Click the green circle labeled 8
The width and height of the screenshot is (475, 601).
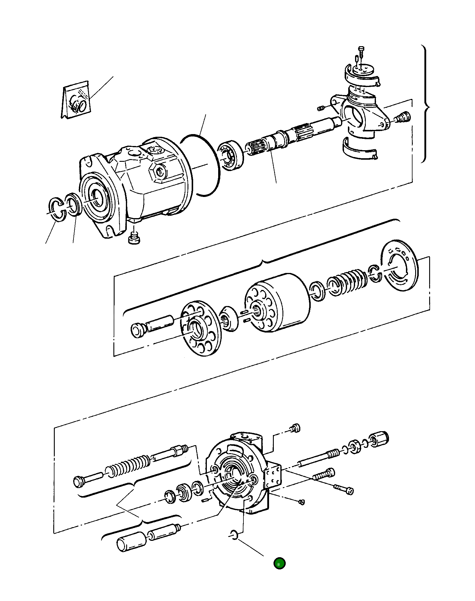pos(279,563)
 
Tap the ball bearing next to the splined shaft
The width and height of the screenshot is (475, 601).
pos(231,155)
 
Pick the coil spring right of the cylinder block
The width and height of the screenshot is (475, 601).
pos(348,282)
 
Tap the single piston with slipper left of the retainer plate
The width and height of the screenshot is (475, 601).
pos(152,326)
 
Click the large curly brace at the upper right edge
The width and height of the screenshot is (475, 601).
pos(426,104)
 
